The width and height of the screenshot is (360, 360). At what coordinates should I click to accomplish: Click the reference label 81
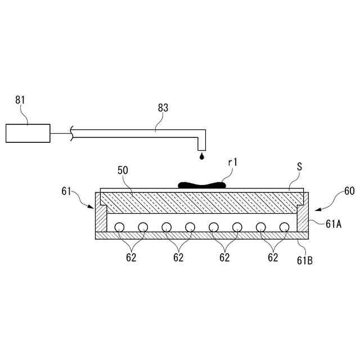tap(20, 101)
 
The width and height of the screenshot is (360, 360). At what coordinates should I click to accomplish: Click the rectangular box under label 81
tap(28, 133)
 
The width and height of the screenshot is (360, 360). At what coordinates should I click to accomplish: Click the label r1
tap(233, 163)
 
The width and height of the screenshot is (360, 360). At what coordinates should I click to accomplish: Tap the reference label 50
tap(123, 170)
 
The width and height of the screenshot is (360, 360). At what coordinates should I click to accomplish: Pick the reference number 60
tap(349, 191)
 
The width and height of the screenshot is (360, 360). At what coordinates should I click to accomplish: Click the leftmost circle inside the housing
tap(119, 227)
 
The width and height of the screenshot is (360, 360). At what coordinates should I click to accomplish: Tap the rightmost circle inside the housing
tap(285, 227)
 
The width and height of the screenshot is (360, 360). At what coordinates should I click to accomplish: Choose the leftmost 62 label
tap(130, 258)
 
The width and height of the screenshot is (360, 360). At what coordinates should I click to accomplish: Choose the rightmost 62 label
tap(273, 258)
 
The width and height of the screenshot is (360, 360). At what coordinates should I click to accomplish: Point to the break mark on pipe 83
tap(70, 134)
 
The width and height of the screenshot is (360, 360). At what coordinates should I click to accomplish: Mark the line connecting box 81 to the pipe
tap(59, 134)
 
